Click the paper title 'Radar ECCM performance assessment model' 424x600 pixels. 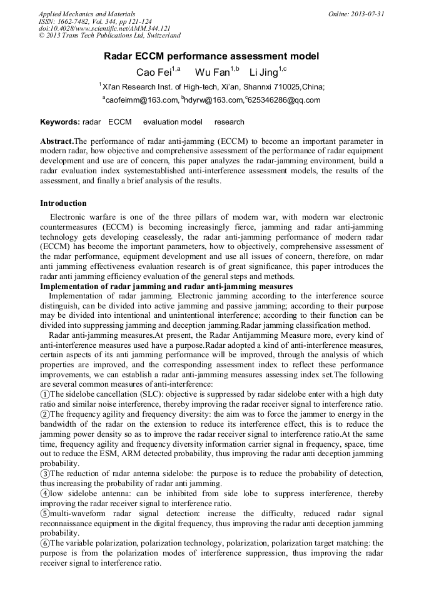[x=211, y=56]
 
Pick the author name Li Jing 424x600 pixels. [x=263, y=72]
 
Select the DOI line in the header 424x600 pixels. [x=104, y=29]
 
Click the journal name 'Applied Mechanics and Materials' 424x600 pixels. [x=87, y=14]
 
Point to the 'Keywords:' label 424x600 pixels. [x=59, y=122]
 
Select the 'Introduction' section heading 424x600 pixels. [x=63, y=203]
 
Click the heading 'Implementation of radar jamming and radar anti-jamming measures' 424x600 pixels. [x=166, y=287]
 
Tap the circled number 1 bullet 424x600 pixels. [x=44, y=394]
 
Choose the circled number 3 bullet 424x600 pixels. [x=44, y=474]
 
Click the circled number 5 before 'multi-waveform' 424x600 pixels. [x=44, y=514]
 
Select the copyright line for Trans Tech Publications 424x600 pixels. [x=109, y=36]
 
